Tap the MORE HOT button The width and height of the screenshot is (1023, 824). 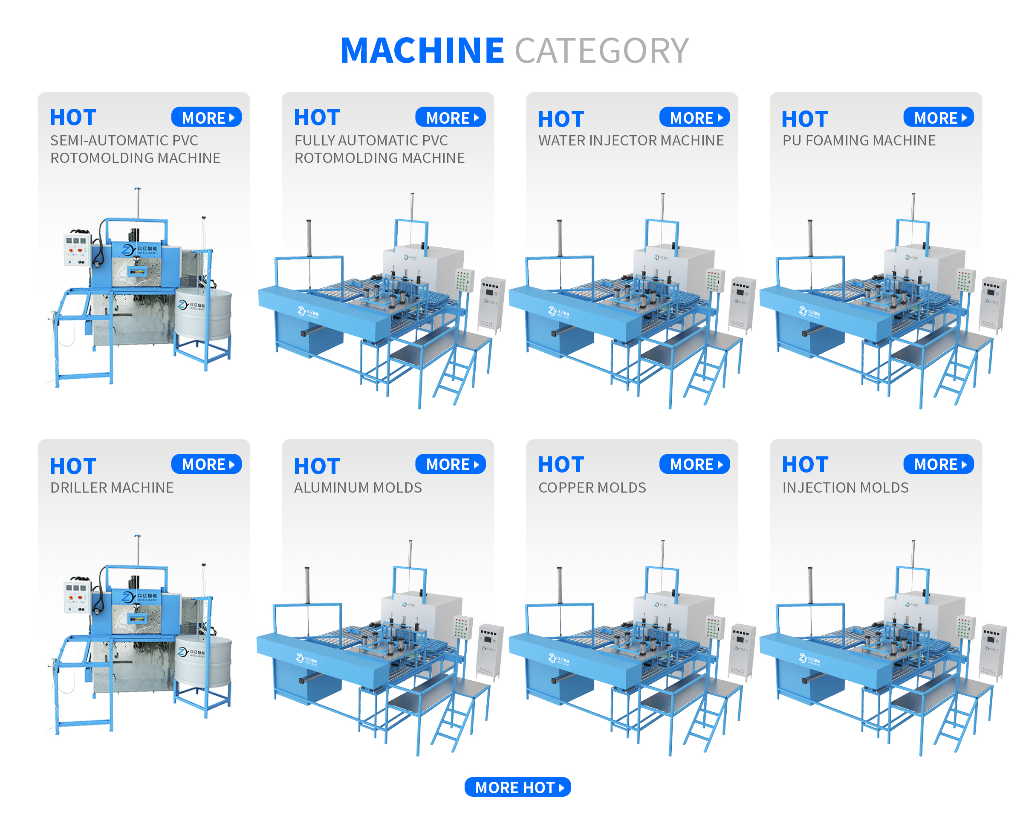coord(517,787)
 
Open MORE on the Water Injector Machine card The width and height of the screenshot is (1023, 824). coord(694,117)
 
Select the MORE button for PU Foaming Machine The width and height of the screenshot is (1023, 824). coord(938,117)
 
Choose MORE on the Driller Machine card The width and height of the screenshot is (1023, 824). coord(206,464)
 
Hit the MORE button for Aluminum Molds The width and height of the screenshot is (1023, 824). coord(450,464)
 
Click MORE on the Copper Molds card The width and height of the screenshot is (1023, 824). coord(694,464)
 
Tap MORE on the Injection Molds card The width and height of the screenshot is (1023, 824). coord(938,464)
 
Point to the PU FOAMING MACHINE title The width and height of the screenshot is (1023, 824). coord(858,140)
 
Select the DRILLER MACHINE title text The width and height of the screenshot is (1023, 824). coord(112,487)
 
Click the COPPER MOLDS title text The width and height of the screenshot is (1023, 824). coord(592,487)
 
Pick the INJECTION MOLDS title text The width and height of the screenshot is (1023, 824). coord(845,487)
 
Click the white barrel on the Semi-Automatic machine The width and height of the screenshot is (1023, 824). coord(203,313)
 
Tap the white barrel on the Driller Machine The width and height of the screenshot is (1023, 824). coord(203,661)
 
